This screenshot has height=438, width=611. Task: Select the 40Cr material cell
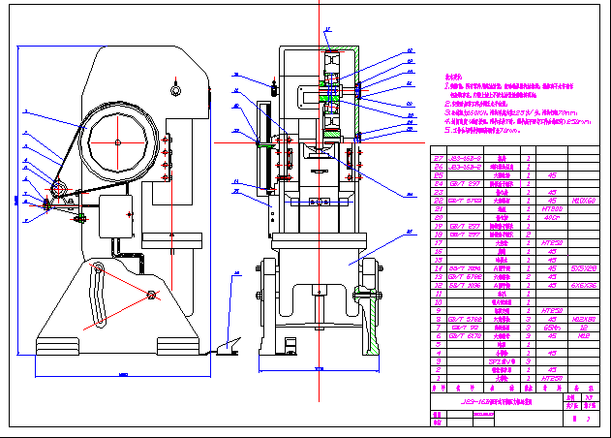point(554,217)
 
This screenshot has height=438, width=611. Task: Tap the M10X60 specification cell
point(587,201)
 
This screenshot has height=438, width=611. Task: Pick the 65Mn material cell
point(554,327)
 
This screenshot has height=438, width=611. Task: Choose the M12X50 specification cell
point(587,318)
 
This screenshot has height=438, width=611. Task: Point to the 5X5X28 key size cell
point(587,267)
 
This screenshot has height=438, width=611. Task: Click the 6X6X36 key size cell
point(587,285)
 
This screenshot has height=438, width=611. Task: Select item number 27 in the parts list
point(437,158)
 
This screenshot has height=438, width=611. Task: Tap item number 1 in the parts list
point(437,378)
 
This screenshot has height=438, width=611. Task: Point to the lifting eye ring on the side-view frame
point(174,91)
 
